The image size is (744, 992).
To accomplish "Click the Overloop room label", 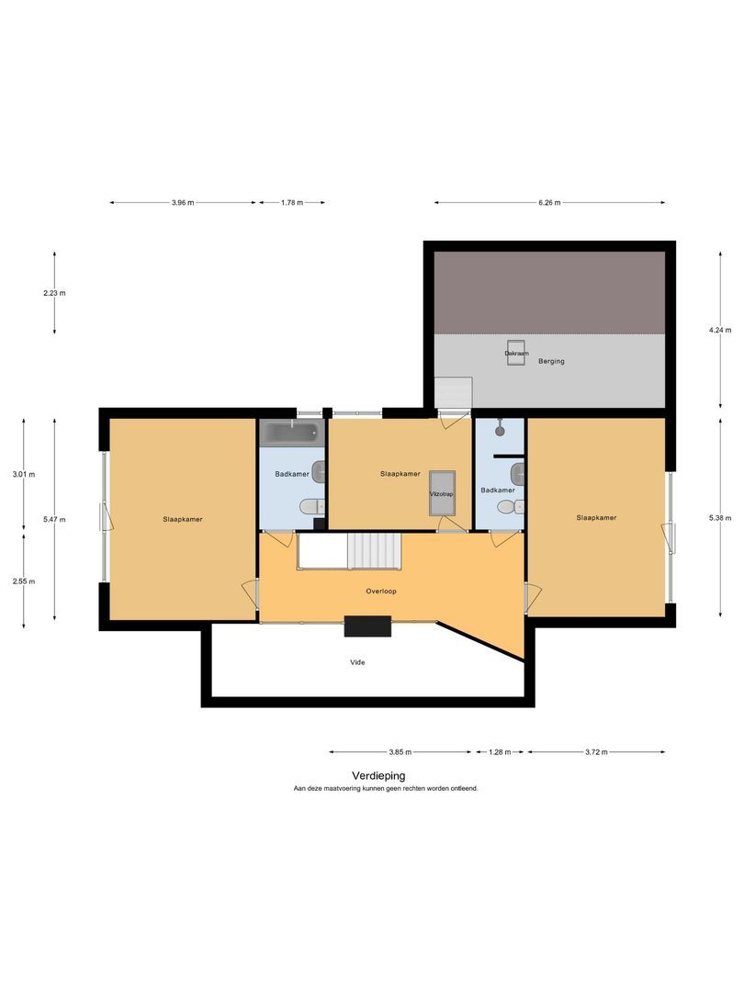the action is tap(381, 591).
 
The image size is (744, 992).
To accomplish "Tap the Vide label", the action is tap(357, 662).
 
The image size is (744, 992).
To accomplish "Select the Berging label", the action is tap(551, 361).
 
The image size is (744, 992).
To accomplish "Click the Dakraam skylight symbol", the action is tap(515, 353).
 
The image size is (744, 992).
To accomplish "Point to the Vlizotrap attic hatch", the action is tap(442, 493).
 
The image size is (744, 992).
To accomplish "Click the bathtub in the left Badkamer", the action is tap(292, 434).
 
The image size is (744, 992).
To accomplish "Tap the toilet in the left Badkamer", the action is tap(311, 507).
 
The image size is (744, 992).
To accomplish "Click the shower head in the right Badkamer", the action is tap(500, 428).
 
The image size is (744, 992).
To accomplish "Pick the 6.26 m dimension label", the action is tap(549, 202).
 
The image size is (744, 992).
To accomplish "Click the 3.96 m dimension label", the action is tap(182, 202).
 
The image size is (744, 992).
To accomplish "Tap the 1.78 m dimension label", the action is tap(292, 202).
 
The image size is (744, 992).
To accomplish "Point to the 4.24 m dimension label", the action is tap(720, 330).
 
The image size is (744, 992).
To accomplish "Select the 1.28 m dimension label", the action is tap(500, 752).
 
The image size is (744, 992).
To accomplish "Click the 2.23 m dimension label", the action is tap(54, 293).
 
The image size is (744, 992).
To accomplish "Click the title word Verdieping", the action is tap(379, 775).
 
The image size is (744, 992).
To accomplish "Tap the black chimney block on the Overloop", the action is tap(367, 626).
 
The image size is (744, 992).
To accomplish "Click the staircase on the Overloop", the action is tap(375, 551).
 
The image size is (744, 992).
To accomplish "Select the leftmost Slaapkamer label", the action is tap(183, 519).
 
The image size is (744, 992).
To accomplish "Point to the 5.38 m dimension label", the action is tap(720, 518).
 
